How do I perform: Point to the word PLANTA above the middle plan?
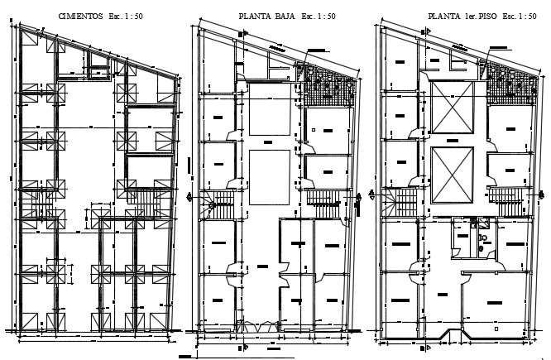255,17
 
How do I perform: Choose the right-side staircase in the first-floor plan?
506,199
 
